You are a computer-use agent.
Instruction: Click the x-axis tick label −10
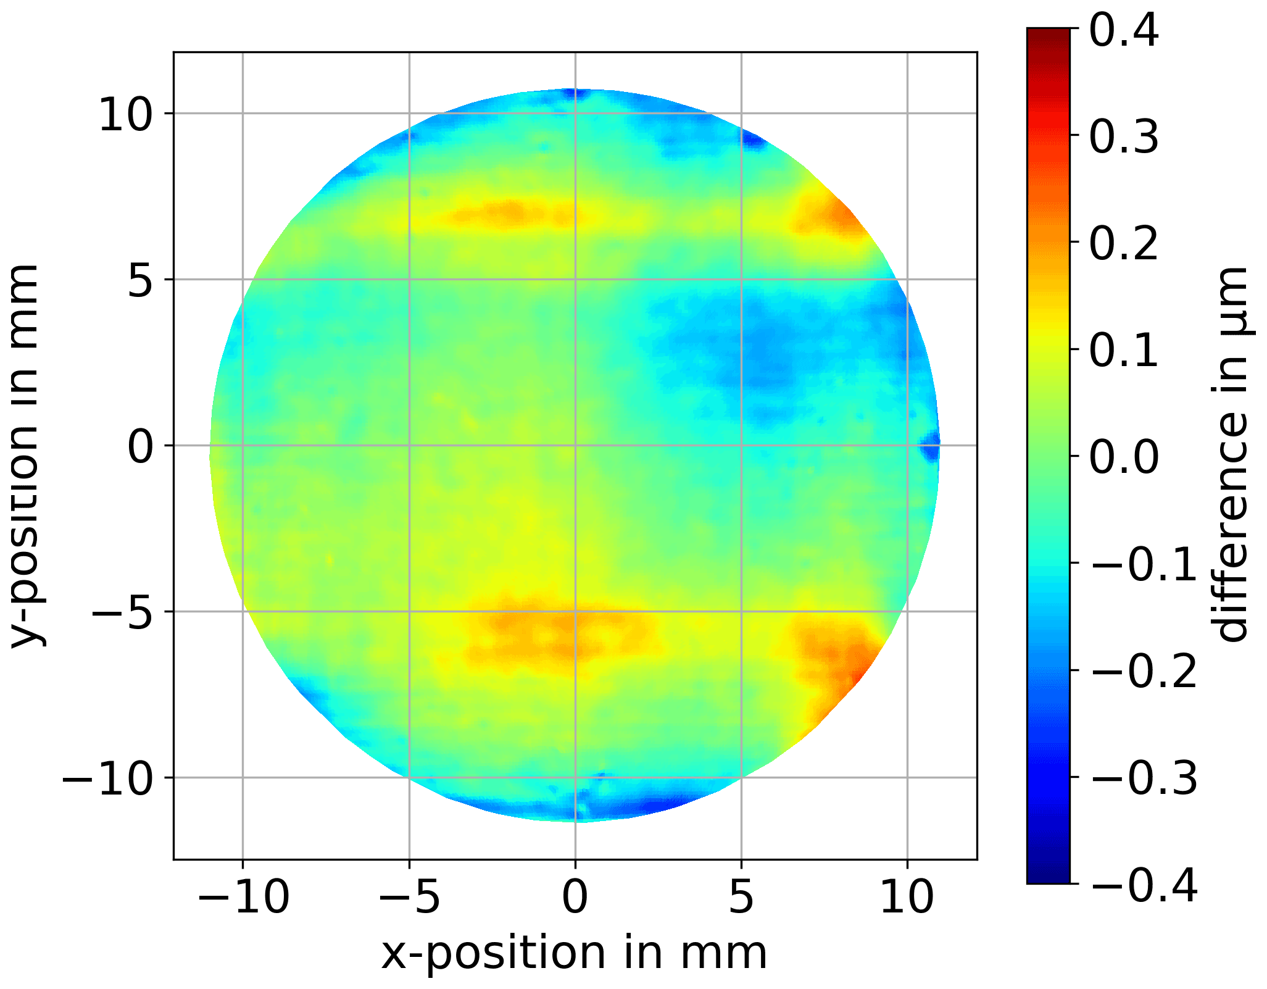(x=243, y=897)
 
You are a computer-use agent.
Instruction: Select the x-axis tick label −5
(x=409, y=897)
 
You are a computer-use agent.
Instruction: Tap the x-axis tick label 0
(x=575, y=897)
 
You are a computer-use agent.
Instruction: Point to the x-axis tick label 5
(x=741, y=897)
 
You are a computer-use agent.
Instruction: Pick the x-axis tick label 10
(x=907, y=897)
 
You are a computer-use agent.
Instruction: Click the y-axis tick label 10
(x=125, y=115)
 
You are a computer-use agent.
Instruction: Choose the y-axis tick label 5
(x=141, y=281)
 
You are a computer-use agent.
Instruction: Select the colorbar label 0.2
(x=1124, y=243)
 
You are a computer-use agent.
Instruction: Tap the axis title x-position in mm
(x=575, y=954)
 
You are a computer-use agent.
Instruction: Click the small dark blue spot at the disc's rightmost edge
(x=931, y=446)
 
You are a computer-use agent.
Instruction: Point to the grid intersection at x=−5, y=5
(x=409, y=279)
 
